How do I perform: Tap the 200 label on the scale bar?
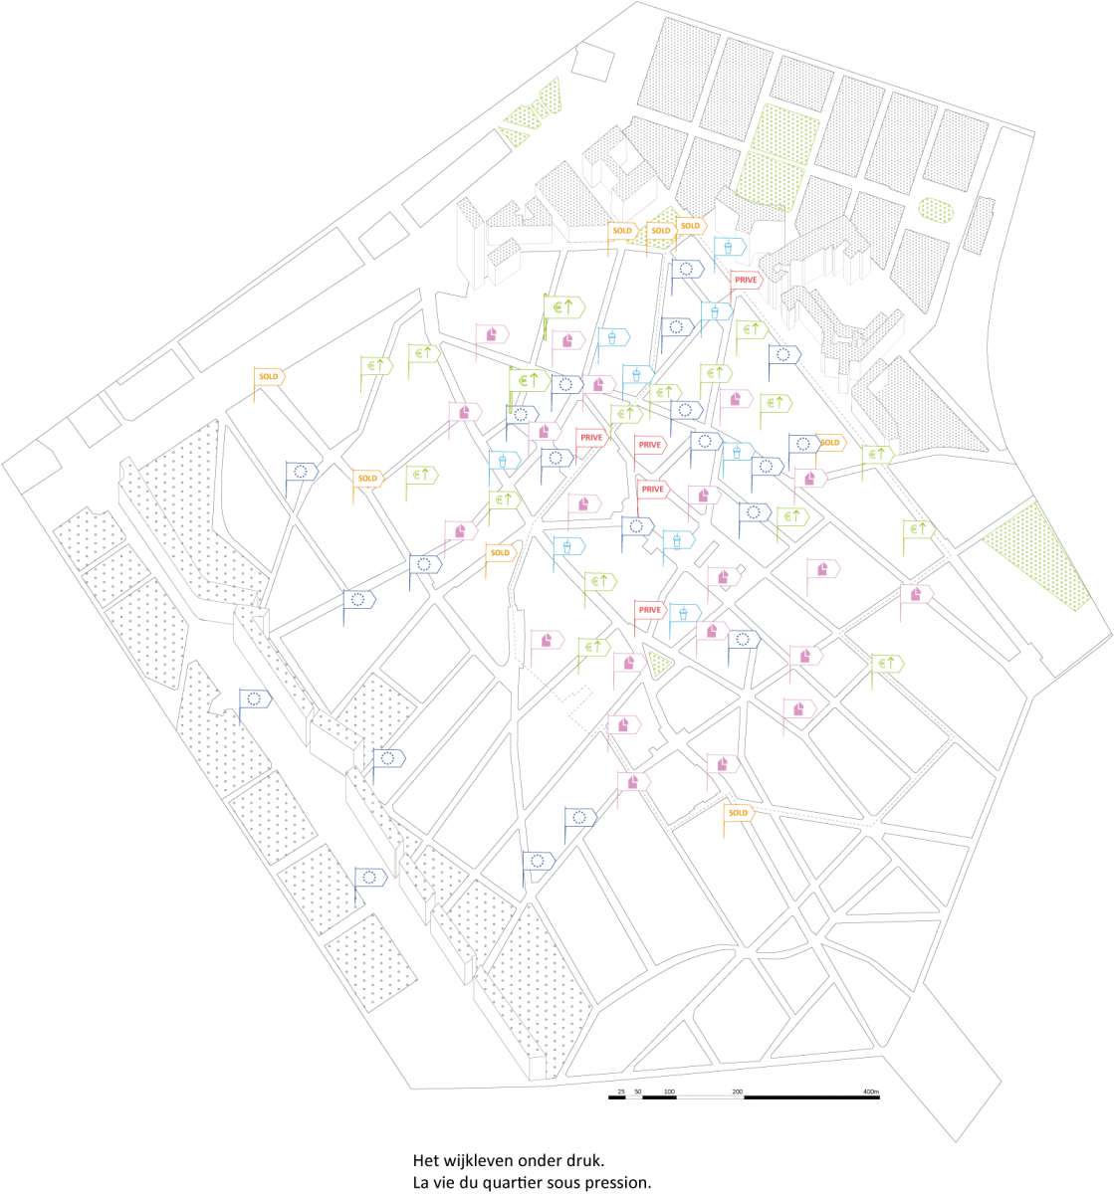738,1093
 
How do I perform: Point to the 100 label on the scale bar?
669,1093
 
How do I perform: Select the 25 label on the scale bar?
621,1093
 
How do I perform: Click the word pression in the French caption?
619,1183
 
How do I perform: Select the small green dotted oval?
935,209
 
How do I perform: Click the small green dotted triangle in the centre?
657,661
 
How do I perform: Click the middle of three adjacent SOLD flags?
660,231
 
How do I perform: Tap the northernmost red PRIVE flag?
746,281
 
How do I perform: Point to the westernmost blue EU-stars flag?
255,698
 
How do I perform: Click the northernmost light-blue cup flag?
731,246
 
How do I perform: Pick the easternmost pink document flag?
916,594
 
